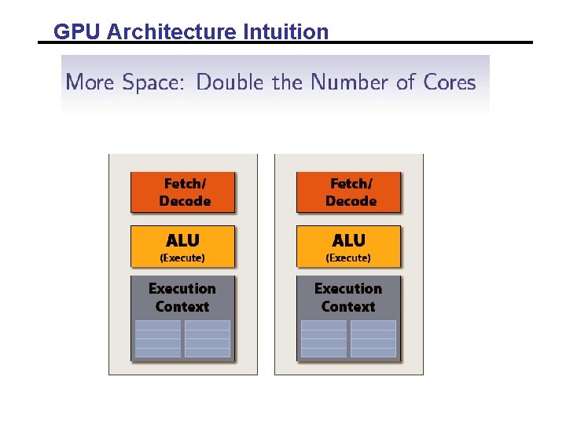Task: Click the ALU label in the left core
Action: (182, 240)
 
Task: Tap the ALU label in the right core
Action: (348, 240)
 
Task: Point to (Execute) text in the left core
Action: (182, 258)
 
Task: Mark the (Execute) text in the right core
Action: (348, 258)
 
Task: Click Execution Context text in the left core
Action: (182, 298)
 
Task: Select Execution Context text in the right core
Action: (348, 298)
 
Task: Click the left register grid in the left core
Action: (158, 338)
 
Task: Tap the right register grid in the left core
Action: (208, 338)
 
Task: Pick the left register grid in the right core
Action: (324, 338)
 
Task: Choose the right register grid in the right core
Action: (373, 338)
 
